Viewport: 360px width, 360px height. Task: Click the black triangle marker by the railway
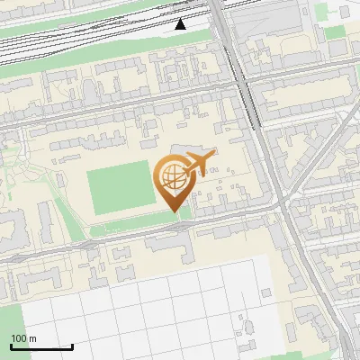point(181,24)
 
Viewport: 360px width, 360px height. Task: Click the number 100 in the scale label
point(17,339)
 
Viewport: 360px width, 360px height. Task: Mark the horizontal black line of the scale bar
point(41,346)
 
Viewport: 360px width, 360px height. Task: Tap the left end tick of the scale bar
point(11,345)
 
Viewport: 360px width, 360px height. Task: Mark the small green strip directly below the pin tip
point(185,212)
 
